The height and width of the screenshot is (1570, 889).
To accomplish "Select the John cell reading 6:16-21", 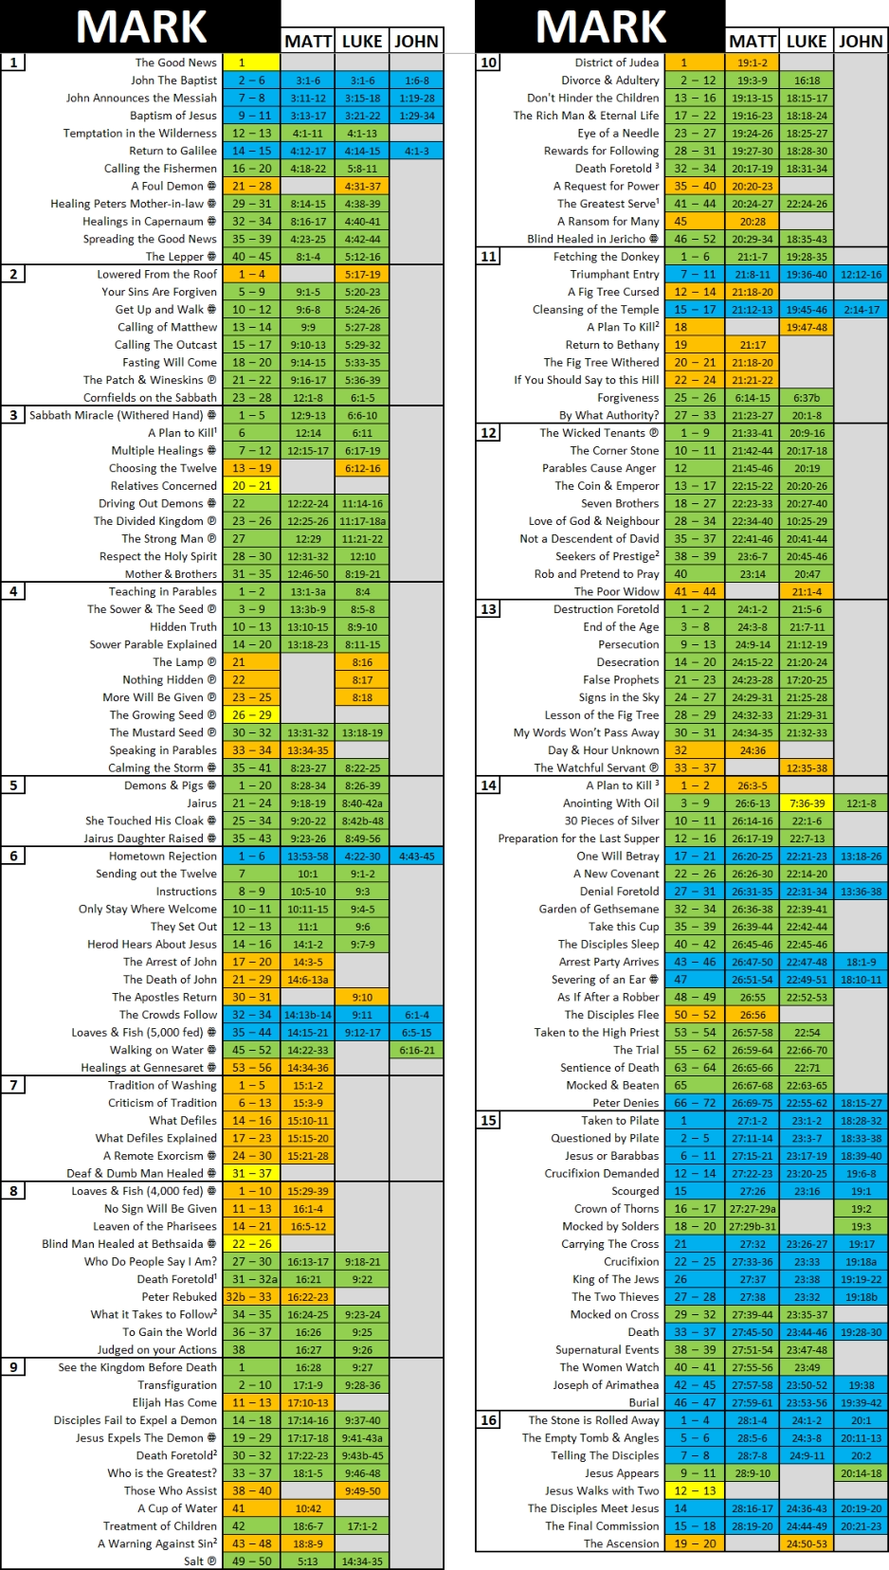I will [x=416, y=1050].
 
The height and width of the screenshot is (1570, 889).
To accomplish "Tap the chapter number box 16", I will [x=488, y=1420].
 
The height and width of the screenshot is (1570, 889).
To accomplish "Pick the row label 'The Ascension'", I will [x=621, y=1543].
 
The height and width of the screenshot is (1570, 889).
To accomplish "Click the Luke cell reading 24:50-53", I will [x=807, y=1543].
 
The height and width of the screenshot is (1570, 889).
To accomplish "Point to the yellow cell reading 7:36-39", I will [x=807, y=803].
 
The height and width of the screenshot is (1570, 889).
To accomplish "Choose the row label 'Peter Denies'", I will [x=626, y=1103].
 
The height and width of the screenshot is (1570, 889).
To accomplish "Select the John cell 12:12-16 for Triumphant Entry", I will [x=861, y=275].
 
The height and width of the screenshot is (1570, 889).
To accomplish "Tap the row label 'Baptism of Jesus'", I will [x=173, y=116].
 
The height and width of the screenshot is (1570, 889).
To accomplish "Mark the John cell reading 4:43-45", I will [x=416, y=857].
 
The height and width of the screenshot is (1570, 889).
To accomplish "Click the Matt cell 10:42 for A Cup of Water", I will [x=308, y=1508].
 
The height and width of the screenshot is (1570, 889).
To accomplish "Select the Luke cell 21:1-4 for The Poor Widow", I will [x=807, y=591].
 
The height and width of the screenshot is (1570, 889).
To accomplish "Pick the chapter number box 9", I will [x=13, y=1367].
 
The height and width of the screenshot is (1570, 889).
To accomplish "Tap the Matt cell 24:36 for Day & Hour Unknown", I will [x=753, y=750].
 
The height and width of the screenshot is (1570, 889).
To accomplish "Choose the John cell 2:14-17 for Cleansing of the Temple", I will [x=861, y=310].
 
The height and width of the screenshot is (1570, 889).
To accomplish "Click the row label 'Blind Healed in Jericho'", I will [x=587, y=239].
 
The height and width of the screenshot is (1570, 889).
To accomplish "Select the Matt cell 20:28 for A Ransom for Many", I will [x=753, y=222].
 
